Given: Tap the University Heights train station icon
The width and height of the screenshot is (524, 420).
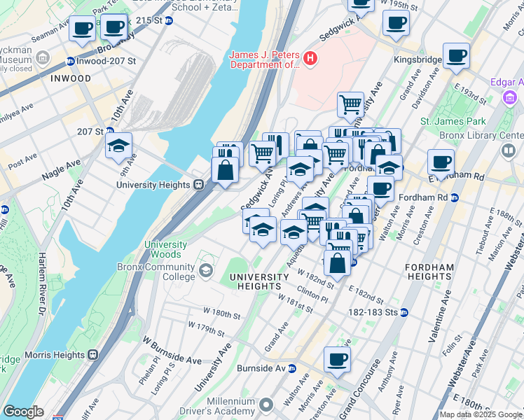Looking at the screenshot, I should click(198, 185).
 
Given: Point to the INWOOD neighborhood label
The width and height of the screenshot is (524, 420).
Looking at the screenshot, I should click(71, 78).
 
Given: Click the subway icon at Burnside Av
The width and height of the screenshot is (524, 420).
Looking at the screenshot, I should click(292, 368).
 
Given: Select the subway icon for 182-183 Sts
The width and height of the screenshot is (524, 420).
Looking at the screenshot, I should click(404, 311).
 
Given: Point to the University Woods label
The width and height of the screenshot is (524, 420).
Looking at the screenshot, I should click(166, 249).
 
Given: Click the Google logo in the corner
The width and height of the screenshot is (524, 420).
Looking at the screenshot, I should click(24, 411).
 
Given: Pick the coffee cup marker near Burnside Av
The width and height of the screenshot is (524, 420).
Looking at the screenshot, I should click(337, 360).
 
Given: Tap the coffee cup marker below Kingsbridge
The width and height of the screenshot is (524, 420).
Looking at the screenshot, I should click(456, 56).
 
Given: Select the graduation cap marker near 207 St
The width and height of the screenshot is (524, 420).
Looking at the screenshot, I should click(119, 146).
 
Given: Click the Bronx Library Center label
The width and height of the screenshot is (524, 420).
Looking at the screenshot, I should click(481, 134).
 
